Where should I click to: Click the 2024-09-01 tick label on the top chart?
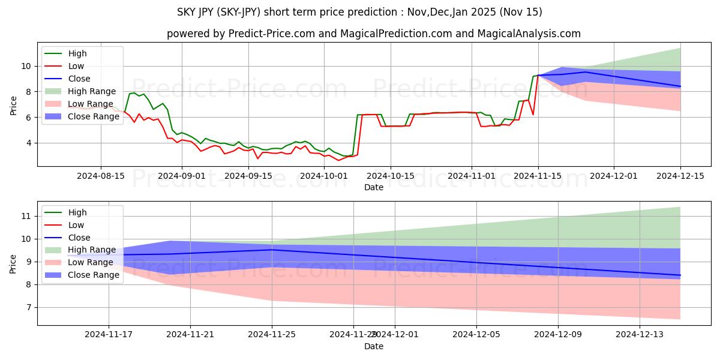182,176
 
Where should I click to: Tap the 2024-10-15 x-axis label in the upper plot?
390,176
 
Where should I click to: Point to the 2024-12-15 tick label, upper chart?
680,176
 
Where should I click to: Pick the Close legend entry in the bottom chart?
79,237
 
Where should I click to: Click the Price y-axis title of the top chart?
13,106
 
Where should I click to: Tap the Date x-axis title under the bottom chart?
373,346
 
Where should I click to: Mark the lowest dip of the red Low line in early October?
338,160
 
